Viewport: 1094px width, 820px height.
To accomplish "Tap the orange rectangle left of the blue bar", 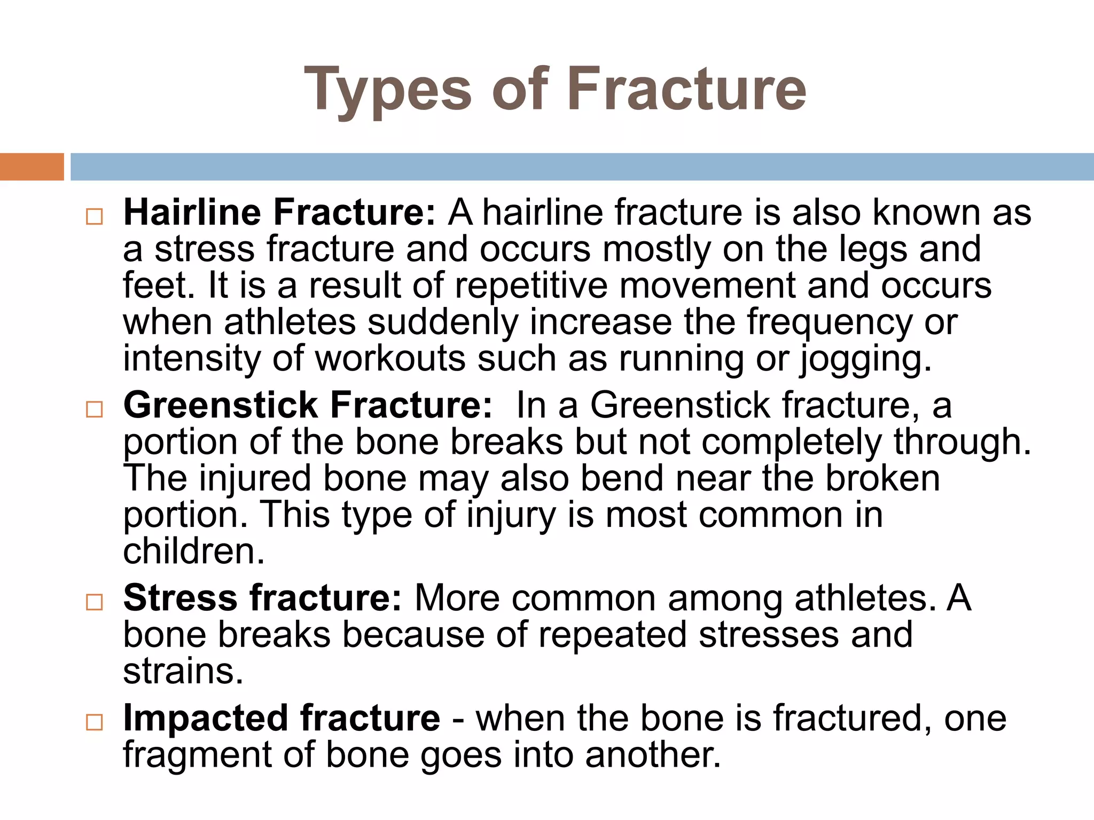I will click(32, 167).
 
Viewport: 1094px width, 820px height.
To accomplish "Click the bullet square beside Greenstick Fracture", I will click(94, 409).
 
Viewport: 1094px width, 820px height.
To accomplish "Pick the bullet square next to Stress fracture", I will click(94, 602).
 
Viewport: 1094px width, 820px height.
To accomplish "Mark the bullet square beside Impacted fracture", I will click(94, 722).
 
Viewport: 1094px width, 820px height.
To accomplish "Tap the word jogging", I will click(865, 359).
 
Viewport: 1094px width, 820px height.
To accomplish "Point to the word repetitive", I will click(531, 286).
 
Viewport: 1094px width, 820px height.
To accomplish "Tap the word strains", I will click(183, 672).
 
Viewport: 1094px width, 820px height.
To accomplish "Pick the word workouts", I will click(390, 359).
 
